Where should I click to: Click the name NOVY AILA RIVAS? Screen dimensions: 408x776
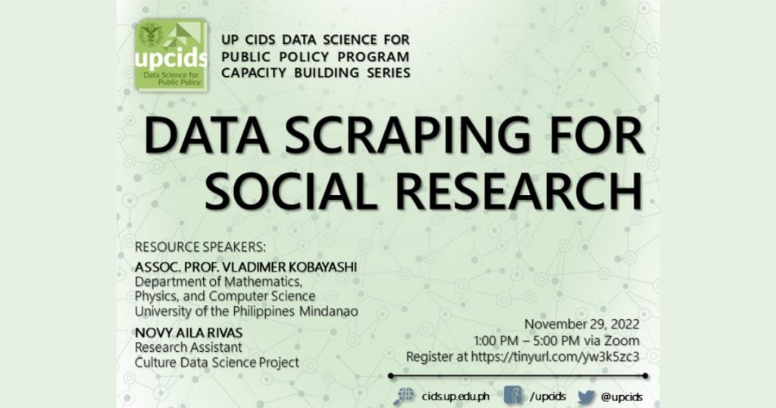point(189,334)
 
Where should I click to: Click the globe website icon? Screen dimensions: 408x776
point(405,396)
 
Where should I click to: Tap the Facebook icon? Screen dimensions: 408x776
point(513,396)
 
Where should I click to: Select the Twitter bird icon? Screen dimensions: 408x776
point(586,396)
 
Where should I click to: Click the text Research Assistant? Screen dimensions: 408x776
point(188,348)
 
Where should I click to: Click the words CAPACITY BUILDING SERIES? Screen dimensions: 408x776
point(316,73)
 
